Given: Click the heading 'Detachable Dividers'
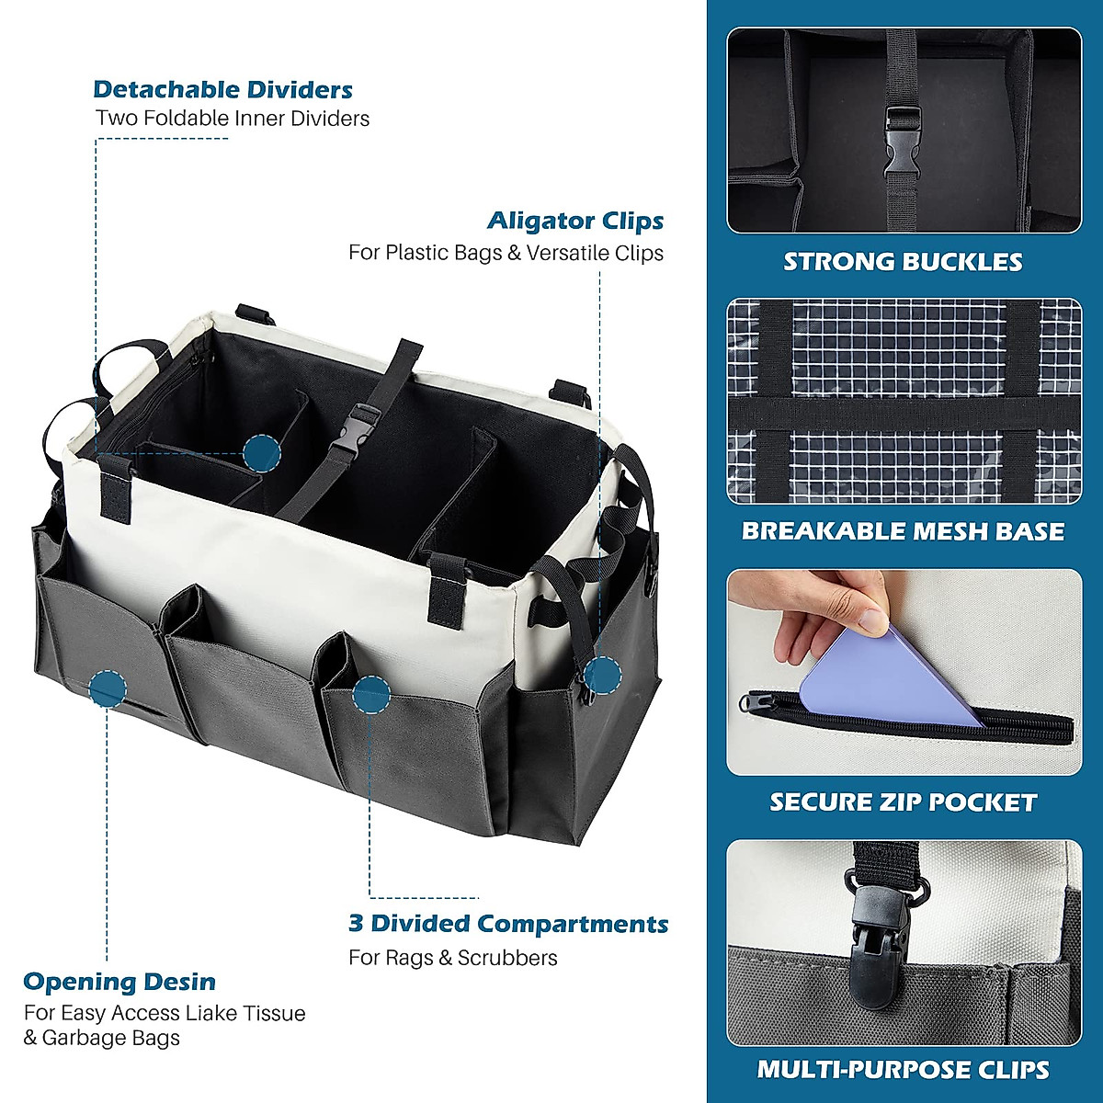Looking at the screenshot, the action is point(222,90).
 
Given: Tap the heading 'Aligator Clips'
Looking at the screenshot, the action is point(575,222).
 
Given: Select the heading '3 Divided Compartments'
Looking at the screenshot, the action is point(508,924).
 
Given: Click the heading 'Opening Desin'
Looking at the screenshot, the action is point(119,982).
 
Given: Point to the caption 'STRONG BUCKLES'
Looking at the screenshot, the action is point(903,262).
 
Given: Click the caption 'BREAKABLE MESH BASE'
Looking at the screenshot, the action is point(903,531).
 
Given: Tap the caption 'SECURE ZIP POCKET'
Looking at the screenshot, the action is point(903,802).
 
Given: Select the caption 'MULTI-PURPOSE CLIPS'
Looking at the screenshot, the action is point(903,1070).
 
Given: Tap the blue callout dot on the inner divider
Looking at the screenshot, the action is point(263,453).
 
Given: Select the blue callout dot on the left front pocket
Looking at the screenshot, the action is point(108,688).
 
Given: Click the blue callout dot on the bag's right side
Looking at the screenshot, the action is point(603,675).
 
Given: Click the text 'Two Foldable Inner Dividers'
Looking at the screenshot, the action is point(233,119).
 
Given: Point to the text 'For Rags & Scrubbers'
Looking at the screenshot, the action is point(453,958).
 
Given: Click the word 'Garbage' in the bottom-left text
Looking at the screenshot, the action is point(85,1039).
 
